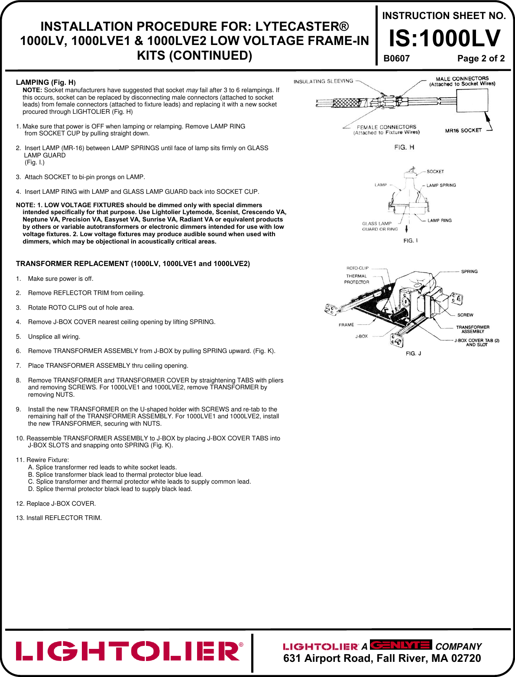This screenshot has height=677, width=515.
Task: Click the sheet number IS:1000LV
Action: tap(444, 39)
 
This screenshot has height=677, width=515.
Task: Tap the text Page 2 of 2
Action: tap(481, 59)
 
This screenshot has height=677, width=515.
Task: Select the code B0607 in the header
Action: tap(396, 59)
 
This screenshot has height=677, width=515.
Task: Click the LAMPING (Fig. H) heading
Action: tap(46, 82)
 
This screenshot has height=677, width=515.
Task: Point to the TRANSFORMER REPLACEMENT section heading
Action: tap(133, 263)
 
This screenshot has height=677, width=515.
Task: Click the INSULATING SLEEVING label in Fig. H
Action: tap(323, 81)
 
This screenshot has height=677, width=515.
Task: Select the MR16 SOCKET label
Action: tap(463, 131)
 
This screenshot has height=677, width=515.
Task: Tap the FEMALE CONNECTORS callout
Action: tap(386, 130)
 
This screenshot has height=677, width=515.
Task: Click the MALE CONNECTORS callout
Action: tap(462, 81)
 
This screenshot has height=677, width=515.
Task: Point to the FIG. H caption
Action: tap(404, 148)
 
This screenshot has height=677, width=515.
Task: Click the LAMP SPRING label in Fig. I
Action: tap(441, 185)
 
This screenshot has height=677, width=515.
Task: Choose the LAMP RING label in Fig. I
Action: tap(439, 221)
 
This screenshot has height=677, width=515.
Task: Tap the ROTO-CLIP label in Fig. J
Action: tap(357, 268)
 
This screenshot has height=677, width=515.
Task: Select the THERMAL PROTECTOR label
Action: tap(356, 279)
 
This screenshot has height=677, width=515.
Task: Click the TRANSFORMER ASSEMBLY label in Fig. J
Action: tap(473, 329)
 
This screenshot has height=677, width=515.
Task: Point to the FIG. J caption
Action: tap(413, 353)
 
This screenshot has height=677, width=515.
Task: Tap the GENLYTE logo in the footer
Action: tap(401, 645)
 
